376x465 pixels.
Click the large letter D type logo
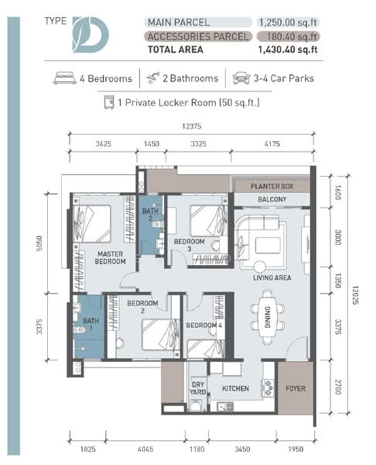coord(91,33)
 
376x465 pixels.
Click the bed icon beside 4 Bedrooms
coord(65,77)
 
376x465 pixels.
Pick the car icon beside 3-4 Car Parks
coord(241,77)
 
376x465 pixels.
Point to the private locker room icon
coord(109,101)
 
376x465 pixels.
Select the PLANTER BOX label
coord(271,187)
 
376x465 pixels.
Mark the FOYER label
coord(294,388)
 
